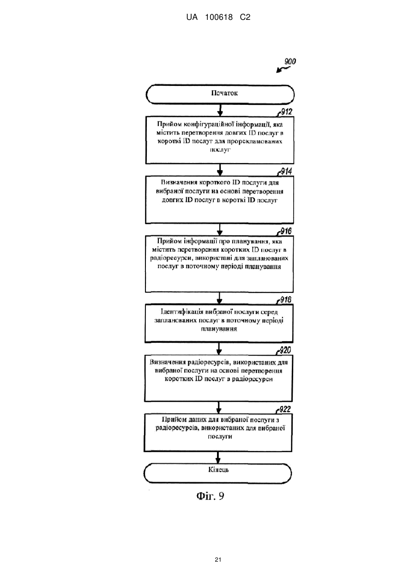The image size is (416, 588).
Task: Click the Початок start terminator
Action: pos(220,94)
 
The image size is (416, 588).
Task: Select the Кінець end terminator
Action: pos(217,473)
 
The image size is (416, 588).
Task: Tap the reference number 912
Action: pos(286,112)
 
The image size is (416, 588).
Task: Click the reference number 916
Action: pos(286,231)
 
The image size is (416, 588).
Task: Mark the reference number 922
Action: pos(285,409)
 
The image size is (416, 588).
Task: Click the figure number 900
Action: pos(290,61)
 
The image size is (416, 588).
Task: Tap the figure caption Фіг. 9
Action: pos(210,496)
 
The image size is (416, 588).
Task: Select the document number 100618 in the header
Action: pos(219,18)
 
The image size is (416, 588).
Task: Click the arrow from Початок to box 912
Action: pos(220,110)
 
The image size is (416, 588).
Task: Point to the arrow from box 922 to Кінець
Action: pos(218,458)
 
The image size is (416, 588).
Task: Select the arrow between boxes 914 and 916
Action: pos(220,230)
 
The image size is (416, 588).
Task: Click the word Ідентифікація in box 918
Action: pos(182,312)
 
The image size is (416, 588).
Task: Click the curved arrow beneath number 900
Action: pos(283,70)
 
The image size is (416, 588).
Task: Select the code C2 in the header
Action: pos(245,18)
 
